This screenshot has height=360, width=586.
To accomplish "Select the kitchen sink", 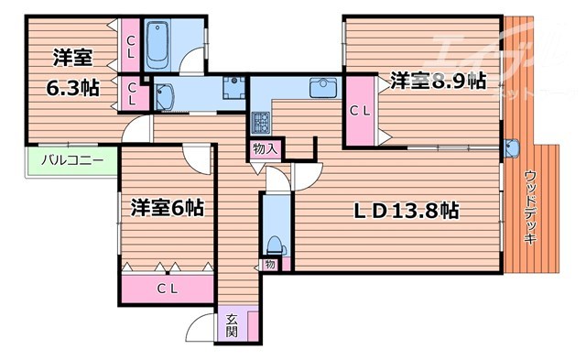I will [x=325, y=89].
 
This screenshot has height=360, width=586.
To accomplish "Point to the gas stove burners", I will [x=260, y=120].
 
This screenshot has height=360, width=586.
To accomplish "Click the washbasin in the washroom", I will [x=167, y=95].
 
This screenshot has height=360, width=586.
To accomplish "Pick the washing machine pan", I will [x=233, y=89].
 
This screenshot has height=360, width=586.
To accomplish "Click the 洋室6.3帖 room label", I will [x=71, y=71].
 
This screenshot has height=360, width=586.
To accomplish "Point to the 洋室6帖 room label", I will [x=165, y=208].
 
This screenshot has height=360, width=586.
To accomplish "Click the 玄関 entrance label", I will [x=232, y=325].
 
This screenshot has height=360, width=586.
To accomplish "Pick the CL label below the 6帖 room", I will [x=166, y=289].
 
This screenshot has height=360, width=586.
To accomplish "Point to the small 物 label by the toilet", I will [x=270, y=266].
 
